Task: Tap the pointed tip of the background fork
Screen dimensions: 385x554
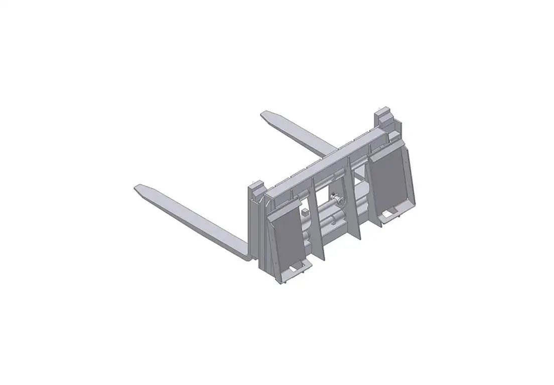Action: pyautogui.click(x=264, y=115)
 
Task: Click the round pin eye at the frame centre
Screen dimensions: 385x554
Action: pyautogui.click(x=340, y=201)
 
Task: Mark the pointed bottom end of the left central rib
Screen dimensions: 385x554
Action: pyautogui.click(x=323, y=260)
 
